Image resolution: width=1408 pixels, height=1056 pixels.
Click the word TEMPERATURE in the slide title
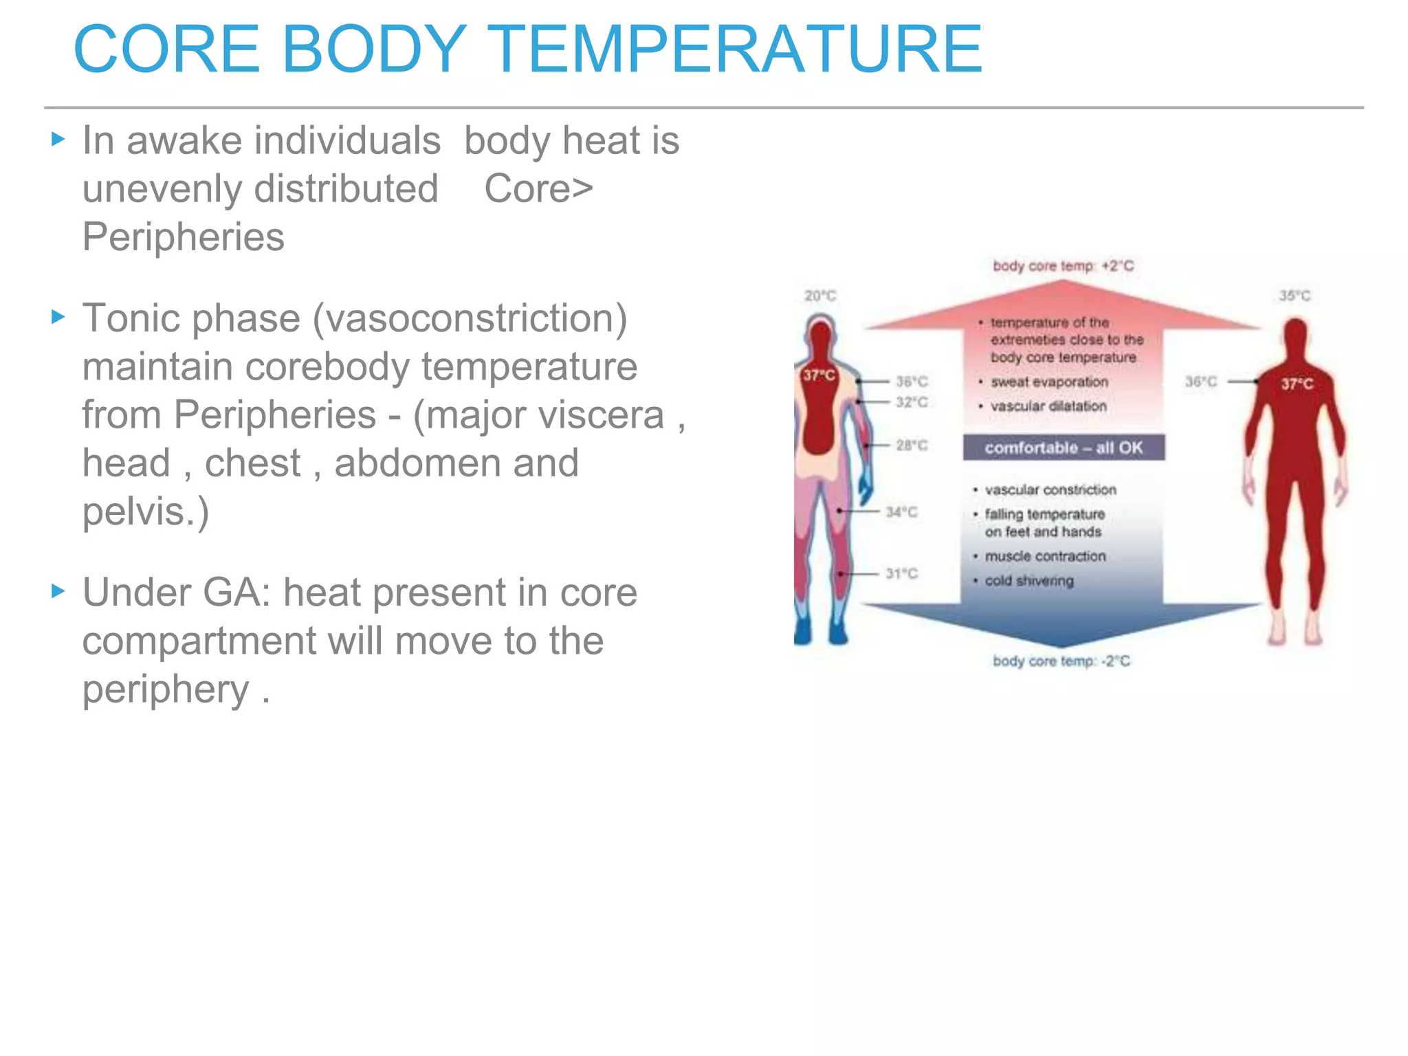pos(738,49)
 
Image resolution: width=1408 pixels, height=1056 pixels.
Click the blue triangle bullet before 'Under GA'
pos(58,591)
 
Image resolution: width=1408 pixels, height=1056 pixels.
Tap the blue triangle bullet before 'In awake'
pos(58,140)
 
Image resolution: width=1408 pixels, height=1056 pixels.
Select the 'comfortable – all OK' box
pos(1063,448)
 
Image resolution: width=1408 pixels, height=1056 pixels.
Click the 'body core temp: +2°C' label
pos(1063,266)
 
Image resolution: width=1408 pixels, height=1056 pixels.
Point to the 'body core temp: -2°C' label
pos(1061,661)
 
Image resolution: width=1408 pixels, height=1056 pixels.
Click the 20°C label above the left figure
pos(820,296)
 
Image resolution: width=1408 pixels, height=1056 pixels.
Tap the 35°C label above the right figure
pos(1295,296)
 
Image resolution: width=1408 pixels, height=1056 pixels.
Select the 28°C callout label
pos(912,445)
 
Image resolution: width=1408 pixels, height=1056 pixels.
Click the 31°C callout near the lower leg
pos(901,573)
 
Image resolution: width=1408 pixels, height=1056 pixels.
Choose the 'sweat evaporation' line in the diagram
pos(1049,382)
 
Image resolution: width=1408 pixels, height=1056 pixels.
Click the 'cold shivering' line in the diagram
pos(1028,581)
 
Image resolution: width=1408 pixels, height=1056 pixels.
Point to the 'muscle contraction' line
pos(1045,556)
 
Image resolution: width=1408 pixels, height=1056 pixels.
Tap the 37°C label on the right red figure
pos(1297,384)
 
